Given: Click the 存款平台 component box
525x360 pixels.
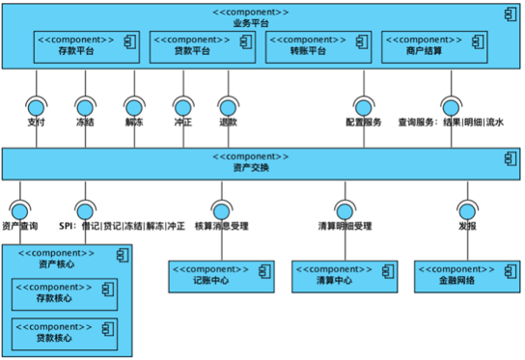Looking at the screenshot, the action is (87, 47).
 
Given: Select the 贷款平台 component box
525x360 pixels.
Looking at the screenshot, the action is (203, 47).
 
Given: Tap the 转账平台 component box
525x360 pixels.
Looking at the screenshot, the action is (318, 47).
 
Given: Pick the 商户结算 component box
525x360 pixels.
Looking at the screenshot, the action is (434, 47).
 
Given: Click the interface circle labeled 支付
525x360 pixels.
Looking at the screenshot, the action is (37, 108).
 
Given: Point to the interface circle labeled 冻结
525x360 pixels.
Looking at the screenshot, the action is (85, 108).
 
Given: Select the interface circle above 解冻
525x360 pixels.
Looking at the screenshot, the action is (134, 108).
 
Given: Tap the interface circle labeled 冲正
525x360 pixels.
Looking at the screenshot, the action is (183, 108).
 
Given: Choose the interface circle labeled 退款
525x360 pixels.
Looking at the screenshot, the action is (229, 108).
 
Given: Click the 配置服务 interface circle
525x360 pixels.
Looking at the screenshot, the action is (364, 108).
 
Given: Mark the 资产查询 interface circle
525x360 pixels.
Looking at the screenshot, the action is (19, 211).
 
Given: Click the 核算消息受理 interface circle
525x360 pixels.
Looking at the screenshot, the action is (222, 211).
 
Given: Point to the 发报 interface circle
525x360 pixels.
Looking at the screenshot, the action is (468, 211).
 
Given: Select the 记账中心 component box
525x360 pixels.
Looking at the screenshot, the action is (221, 277).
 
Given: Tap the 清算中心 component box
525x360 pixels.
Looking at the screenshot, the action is (345, 277).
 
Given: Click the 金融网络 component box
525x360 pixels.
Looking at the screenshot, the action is (467, 277).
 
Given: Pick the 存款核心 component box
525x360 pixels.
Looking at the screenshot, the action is (65, 294).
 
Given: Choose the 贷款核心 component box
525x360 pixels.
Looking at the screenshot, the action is (65, 334).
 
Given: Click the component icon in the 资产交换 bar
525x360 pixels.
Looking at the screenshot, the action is (511, 158).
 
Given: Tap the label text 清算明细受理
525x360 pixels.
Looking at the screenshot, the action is (345, 226).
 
